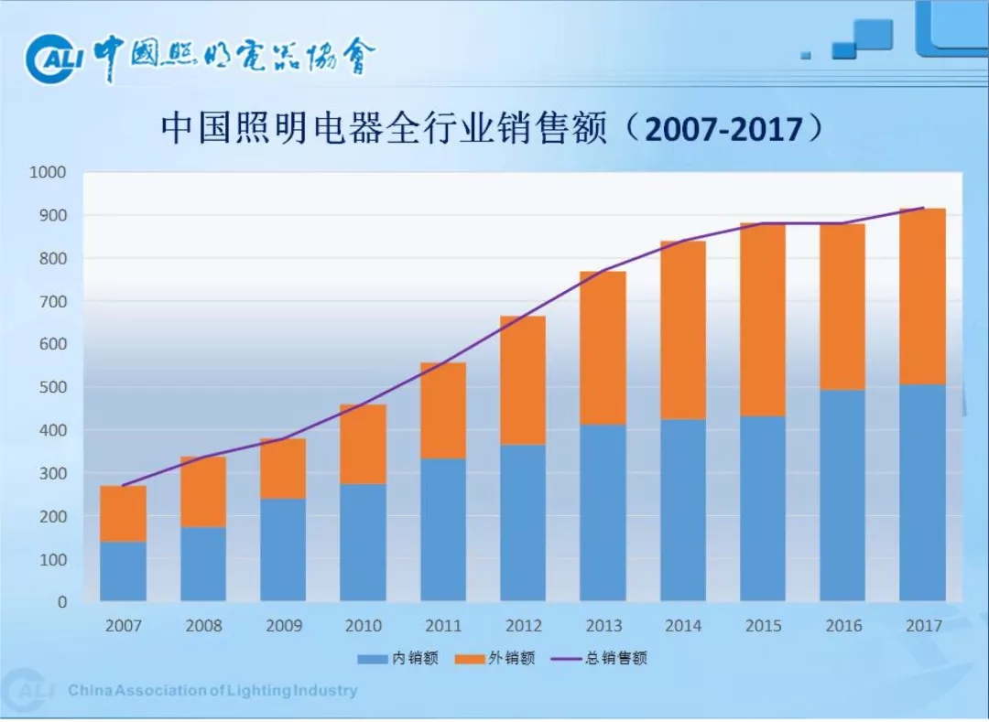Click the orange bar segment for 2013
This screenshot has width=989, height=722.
pyautogui.click(x=603, y=348)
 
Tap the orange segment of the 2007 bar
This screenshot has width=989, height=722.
pyautogui.click(x=123, y=513)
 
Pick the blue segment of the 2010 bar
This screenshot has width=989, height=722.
pyautogui.click(x=363, y=542)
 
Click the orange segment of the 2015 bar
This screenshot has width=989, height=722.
pyautogui.click(x=763, y=319)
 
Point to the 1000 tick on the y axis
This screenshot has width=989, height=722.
pyautogui.click(x=48, y=172)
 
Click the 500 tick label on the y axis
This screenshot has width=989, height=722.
pyautogui.click(x=51, y=387)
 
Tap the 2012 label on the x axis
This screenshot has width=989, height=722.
pyautogui.click(x=523, y=626)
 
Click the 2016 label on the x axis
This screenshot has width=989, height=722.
pyautogui.click(x=842, y=626)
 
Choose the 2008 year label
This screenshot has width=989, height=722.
pyautogui.click(x=203, y=626)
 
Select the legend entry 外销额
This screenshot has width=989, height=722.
pyautogui.click(x=495, y=658)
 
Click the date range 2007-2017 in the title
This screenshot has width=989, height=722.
pyautogui.click(x=723, y=130)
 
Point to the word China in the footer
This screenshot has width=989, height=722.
pyautogui.click(x=88, y=690)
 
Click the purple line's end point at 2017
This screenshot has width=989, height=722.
pyautogui.click(x=923, y=208)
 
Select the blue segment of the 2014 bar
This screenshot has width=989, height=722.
pyautogui.click(x=683, y=510)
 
